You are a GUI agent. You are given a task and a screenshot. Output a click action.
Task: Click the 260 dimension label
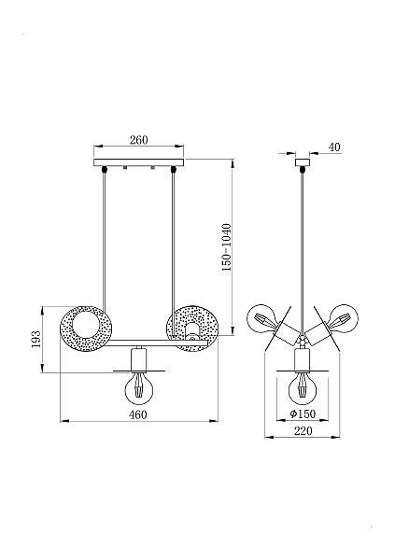click(x=139, y=140)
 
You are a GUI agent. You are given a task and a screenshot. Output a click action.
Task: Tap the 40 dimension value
click(x=334, y=147)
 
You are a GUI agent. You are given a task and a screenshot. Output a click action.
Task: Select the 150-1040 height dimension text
click(x=226, y=247)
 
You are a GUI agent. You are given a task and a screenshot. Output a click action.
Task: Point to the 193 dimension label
click(x=35, y=340)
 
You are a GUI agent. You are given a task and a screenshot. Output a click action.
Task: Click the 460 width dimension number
click(x=138, y=414)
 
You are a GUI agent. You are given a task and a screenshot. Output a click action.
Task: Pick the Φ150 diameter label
click(x=303, y=413)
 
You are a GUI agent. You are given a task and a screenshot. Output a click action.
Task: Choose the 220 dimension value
click(x=303, y=431)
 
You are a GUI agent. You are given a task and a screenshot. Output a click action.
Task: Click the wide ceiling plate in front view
click(x=139, y=162)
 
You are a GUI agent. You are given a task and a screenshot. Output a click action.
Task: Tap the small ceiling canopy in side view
click(x=303, y=162)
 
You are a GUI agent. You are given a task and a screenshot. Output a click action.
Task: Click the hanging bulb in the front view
click(x=139, y=386)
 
